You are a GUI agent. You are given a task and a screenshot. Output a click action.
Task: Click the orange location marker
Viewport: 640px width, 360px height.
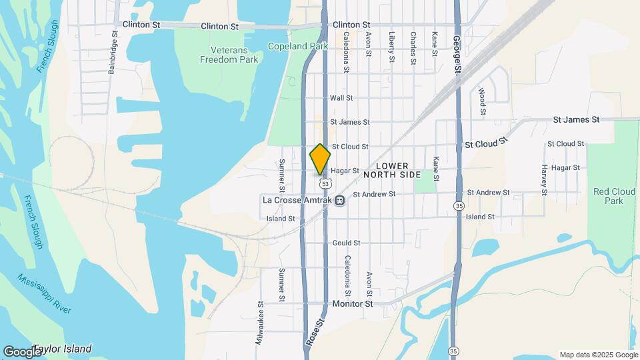[x=320, y=159]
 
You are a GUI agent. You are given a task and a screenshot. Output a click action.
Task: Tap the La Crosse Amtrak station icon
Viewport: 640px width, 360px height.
[x=340, y=200]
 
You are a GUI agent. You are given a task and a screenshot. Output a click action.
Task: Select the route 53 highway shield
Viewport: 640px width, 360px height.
[x=325, y=183]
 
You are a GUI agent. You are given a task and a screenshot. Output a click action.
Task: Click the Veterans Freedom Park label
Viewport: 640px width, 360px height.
[x=229, y=55]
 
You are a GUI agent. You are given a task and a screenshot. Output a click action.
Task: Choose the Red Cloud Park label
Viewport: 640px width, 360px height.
[x=608, y=196]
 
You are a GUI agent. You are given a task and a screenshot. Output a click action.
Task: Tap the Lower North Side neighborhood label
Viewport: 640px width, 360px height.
[x=392, y=170]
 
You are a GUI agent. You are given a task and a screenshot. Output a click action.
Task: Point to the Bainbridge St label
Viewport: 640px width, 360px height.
[x=113, y=57]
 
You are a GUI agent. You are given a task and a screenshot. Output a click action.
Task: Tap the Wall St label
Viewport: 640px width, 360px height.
[x=341, y=98]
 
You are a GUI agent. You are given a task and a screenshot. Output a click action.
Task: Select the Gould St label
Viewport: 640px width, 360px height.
[x=347, y=243]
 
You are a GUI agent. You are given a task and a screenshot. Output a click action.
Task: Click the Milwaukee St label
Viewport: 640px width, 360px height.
[x=259, y=323]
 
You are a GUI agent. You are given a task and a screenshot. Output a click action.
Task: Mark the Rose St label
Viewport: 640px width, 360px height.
[x=315, y=331]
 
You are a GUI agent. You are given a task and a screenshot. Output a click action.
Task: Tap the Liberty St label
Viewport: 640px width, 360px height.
[x=392, y=48]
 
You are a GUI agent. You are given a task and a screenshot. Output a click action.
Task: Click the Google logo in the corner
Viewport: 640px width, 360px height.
[x=21, y=351]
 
